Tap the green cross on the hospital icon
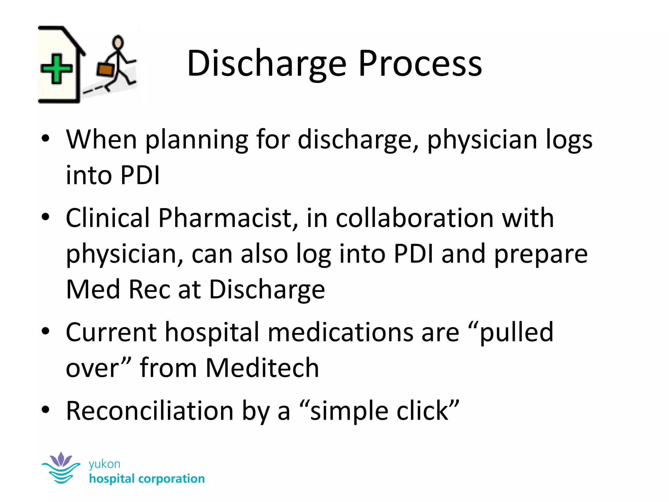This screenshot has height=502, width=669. [x=56, y=69]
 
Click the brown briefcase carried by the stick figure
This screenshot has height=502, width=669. [x=105, y=70]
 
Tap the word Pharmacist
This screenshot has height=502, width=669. [x=228, y=218]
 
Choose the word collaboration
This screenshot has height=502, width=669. [x=415, y=218]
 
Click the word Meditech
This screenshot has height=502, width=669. [x=262, y=368]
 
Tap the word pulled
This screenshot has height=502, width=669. [x=516, y=332]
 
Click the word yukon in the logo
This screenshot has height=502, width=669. [x=105, y=464]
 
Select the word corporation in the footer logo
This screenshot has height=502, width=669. [x=171, y=479]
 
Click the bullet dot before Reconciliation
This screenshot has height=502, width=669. [x=45, y=410]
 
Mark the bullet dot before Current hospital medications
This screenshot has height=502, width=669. [x=45, y=331]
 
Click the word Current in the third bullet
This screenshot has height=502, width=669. [x=111, y=332]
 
